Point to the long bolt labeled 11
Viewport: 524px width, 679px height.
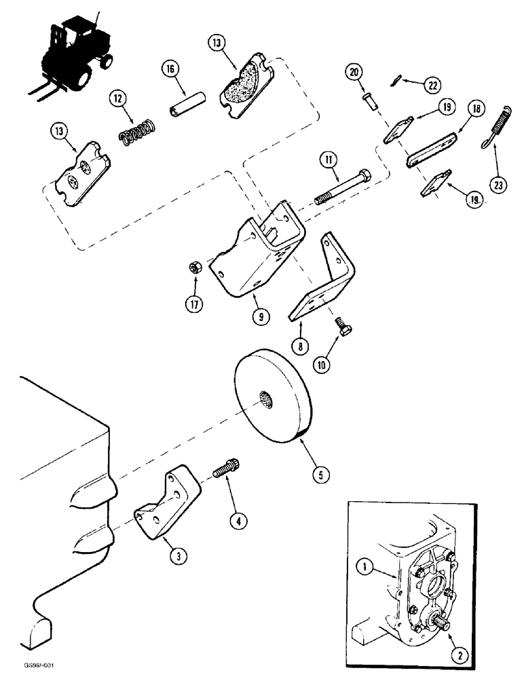343,183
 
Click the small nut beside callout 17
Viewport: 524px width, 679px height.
193,269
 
